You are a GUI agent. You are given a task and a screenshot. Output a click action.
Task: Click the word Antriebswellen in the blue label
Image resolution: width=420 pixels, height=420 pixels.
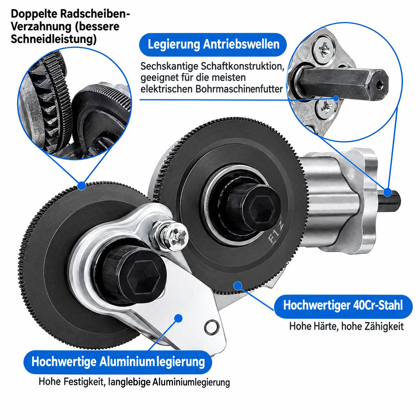point(241,44)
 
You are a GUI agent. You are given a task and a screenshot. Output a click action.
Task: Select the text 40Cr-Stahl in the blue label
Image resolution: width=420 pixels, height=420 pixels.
point(378,305)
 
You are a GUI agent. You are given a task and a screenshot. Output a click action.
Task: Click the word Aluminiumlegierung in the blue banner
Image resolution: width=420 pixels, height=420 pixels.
point(152,362)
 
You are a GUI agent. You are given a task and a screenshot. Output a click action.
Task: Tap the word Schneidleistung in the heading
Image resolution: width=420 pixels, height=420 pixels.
point(54,40)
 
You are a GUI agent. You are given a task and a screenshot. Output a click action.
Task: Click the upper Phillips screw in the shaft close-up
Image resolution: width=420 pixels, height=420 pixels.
point(324,50)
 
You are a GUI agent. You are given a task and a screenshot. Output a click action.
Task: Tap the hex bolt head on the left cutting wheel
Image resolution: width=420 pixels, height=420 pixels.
point(143,277)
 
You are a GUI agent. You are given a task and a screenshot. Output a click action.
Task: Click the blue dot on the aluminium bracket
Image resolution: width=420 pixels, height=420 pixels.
point(178,318)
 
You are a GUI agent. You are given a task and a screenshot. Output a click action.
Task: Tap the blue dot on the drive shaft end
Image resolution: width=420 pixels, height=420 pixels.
point(387,192)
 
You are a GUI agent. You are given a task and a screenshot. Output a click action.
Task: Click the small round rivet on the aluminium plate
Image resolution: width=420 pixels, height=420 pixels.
point(211,327)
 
